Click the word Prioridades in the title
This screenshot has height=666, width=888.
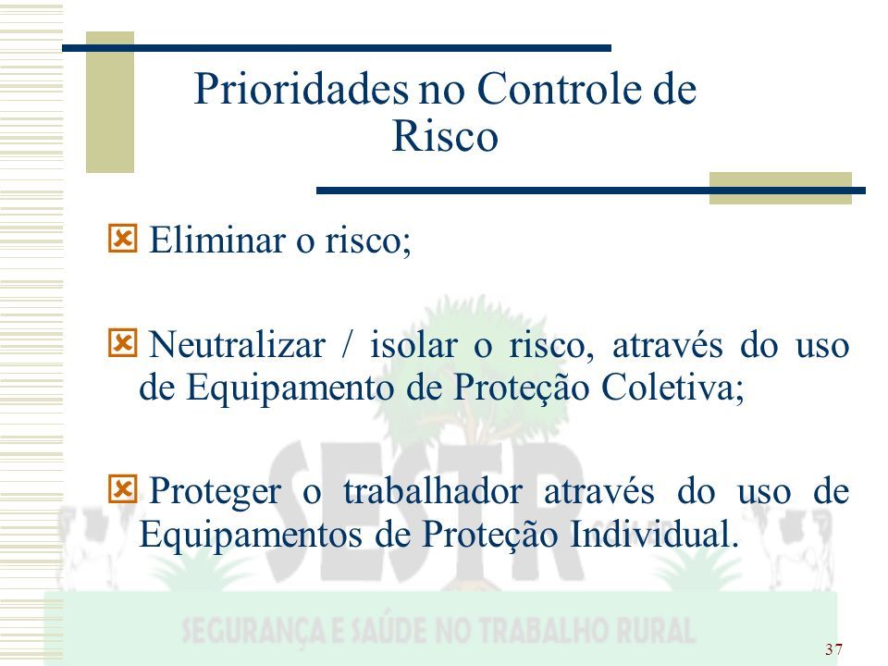[x=301, y=89]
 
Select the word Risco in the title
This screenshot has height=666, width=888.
[x=445, y=136]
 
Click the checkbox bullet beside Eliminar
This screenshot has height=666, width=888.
[x=122, y=239]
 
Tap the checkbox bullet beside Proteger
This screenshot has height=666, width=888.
[x=122, y=489]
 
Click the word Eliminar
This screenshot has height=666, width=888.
[x=217, y=240]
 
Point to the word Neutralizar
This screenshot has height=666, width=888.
[x=238, y=344]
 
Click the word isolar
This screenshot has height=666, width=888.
[x=413, y=344]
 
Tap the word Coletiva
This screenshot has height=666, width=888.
[x=672, y=388]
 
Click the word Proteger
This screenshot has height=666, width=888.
[x=216, y=492]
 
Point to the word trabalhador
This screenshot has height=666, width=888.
[x=433, y=490]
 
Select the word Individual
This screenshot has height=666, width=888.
[x=654, y=534]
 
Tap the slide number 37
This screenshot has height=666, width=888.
[x=833, y=649]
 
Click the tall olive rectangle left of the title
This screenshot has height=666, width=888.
[x=110, y=102]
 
